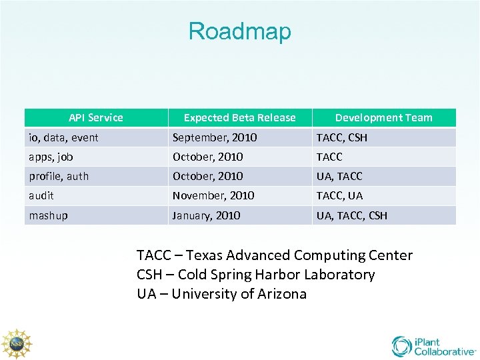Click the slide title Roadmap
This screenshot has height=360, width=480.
coord(239,31)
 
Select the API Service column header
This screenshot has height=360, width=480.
coord(96,118)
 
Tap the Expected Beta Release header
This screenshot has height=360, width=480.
coord(239,118)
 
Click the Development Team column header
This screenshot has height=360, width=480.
coord(383,118)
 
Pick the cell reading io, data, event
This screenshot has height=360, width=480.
coord(63,138)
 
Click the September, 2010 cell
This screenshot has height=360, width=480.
coord(215,138)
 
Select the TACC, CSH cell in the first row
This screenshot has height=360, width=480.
coord(342,138)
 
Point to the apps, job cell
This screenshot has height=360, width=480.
coord(51,157)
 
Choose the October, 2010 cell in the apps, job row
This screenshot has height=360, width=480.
coord(208,157)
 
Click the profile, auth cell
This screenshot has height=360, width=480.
coord(59,177)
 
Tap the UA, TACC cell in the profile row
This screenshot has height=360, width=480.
coord(340,177)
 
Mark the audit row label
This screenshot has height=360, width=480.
coord(41,196)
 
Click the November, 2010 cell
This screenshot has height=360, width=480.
coord(213,196)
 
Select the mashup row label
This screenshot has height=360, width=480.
coord(48,216)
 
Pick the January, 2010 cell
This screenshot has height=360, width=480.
coord(207,216)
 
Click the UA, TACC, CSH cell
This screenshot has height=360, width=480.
coord(351,216)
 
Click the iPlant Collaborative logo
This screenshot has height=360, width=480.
coord(433,347)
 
